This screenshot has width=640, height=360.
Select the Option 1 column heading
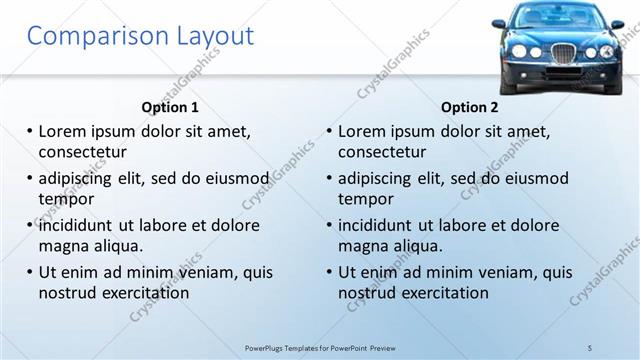(x=170, y=107)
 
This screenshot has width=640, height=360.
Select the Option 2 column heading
(x=470, y=107)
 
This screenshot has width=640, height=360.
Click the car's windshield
(x=557, y=17)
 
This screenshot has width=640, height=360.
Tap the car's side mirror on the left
(x=499, y=23)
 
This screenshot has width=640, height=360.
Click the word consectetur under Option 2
(x=382, y=152)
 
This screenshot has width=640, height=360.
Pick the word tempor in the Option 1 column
(x=66, y=199)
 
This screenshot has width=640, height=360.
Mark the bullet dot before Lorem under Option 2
(x=328, y=131)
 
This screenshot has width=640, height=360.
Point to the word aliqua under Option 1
(x=119, y=246)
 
